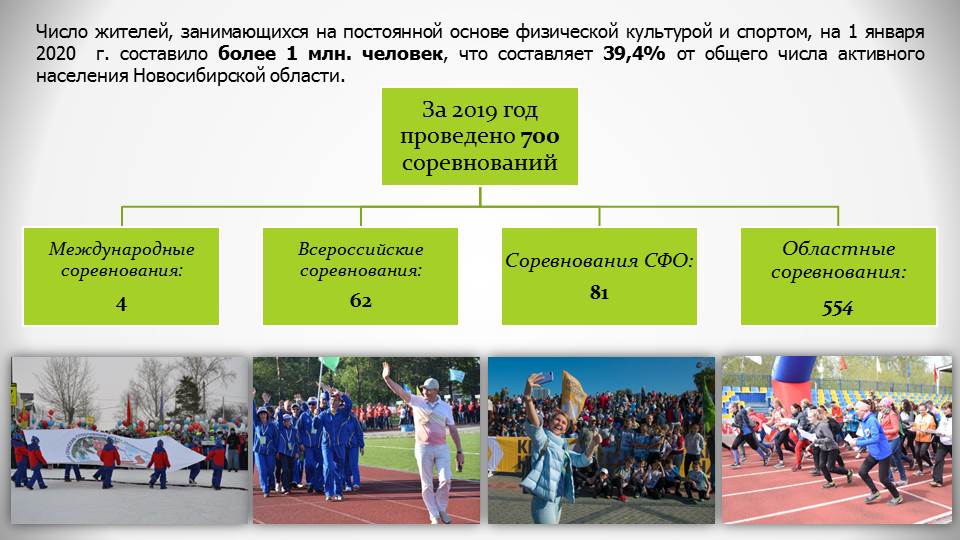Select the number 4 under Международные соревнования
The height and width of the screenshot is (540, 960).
121,304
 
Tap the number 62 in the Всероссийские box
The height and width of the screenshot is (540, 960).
361,300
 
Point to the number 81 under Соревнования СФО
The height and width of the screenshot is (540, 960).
599,293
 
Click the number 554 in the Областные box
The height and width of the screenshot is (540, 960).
838,308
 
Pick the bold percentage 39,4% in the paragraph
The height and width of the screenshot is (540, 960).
634,54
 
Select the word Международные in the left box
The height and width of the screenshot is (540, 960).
121,249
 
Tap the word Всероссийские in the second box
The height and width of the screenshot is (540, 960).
361,249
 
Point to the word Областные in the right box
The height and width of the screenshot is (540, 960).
838,249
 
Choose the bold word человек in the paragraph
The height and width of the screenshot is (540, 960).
402,54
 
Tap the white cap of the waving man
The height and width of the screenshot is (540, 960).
430,384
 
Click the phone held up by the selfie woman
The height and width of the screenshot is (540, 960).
543,377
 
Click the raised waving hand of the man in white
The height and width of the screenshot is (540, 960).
386,371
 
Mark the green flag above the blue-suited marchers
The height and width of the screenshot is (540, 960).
329,364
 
